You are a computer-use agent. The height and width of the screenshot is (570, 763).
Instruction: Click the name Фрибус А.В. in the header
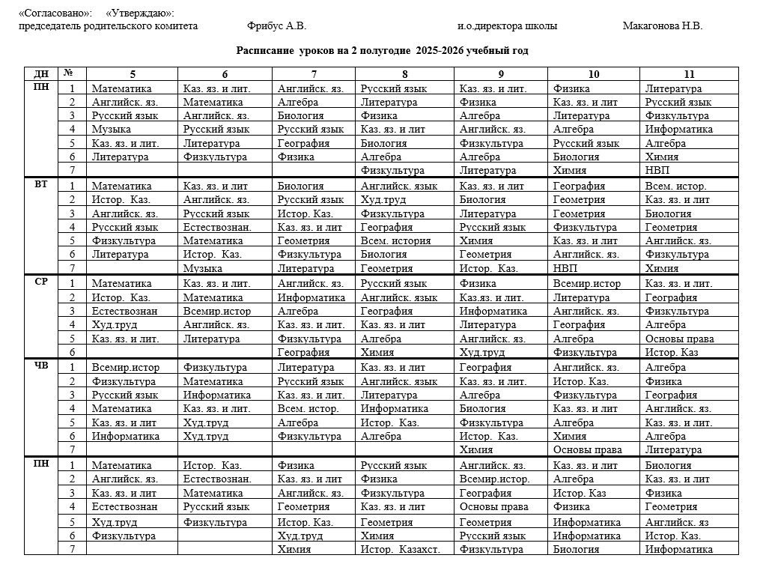276,26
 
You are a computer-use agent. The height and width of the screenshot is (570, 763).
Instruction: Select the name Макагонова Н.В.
662,26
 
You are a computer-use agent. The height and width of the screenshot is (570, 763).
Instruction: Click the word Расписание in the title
265,51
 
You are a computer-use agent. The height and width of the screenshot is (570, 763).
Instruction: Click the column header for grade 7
314,74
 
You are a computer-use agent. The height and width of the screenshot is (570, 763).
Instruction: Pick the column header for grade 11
689,74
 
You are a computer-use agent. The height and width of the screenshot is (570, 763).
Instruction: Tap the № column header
68,73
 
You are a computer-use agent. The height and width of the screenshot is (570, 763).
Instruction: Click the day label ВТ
40,184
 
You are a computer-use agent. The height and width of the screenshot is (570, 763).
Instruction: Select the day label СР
40,282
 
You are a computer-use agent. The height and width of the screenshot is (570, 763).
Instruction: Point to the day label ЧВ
40,366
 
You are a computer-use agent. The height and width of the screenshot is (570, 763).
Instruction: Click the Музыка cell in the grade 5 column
112,130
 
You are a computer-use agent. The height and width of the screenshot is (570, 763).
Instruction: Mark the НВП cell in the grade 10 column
565,268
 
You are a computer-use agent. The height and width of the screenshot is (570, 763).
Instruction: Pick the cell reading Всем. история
395,241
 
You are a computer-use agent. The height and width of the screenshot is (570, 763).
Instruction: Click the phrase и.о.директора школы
507,26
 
